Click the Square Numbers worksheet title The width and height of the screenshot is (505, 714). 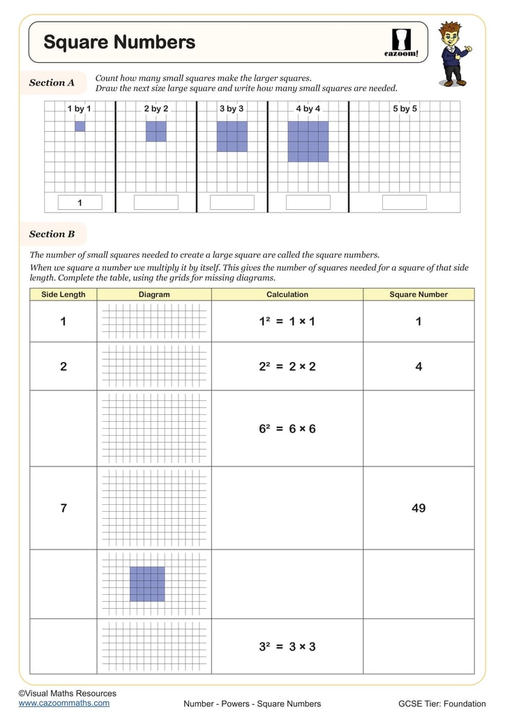[119, 43]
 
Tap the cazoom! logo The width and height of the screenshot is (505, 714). [401, 43]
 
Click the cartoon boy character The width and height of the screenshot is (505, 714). [453, 54]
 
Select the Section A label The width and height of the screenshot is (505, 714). [52, 83]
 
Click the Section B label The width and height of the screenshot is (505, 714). [52, 234]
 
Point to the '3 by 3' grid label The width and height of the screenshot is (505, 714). [232, 109]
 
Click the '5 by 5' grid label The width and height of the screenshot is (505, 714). [405, 109]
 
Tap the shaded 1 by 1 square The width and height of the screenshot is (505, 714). [80, 126]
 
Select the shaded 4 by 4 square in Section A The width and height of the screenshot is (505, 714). [308, 142]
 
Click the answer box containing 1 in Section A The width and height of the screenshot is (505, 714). [80, 203]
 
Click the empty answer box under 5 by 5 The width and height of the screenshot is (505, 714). [404, 203]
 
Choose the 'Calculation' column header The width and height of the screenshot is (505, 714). [287, 294]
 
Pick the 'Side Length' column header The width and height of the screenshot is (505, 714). [63, 294]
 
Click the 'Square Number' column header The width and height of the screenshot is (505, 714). [419, 294]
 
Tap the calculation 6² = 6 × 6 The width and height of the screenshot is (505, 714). [287, 429]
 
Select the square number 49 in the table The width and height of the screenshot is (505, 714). [419, 508]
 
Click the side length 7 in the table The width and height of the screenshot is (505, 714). [63, 508]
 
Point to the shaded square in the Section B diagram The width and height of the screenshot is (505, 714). [147, 584]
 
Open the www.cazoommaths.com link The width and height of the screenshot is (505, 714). [64, 703]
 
